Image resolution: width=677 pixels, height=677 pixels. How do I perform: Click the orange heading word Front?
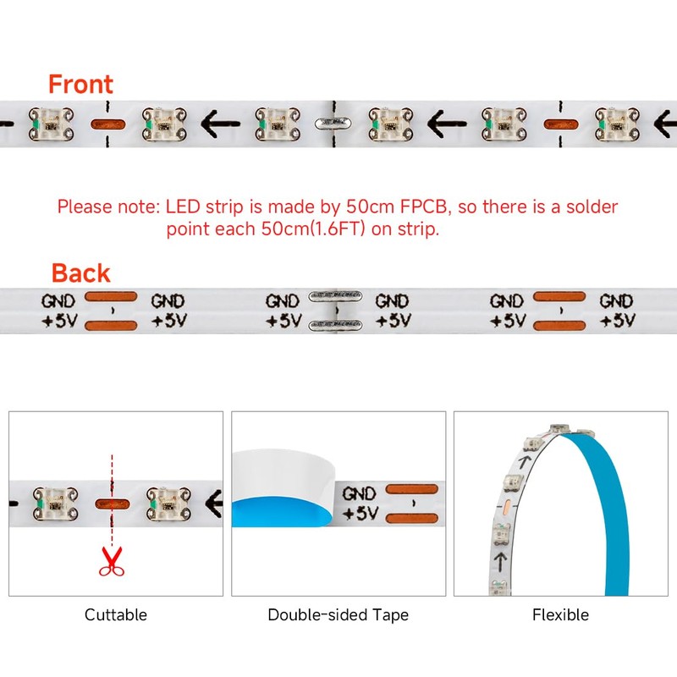pyautogui.click(x=80, y=85)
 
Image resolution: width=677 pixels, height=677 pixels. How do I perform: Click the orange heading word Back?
pyautogui.click(x=80, y=273)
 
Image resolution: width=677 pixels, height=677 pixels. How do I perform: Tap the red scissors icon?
pyautogui.click(x=110, y=560)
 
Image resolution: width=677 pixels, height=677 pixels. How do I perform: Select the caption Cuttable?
pyautogui.click(x=116, y=615)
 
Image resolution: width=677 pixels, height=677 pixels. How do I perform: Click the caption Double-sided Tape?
pyautogui.click(x=338, y=615)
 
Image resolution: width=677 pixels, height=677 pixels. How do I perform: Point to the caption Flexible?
pyautogui.click(x=560, y=615)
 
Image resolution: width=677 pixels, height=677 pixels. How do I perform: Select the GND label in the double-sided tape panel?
pyautogui.click(x=359, y=493)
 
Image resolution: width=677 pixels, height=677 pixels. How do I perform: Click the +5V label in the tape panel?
pyautogui.click(x=359, y=513)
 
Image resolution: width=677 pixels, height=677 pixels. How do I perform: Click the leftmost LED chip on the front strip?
pyautogui.click(x=47, y=124)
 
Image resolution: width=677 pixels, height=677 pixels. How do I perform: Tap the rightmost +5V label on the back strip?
pyautogui.click(x=618, y=321)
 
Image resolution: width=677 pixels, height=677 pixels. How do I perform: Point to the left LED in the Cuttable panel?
pyautogui.click(x=50, y=501)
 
